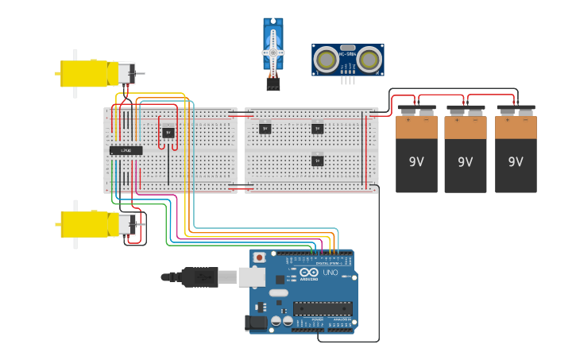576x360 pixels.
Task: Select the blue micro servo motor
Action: tap(273, 48)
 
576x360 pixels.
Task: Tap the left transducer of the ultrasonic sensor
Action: tap(327, 59)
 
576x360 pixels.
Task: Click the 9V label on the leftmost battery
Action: tap(416, 162)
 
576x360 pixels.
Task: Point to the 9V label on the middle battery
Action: tap(466, 162)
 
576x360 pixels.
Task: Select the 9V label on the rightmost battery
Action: tap(516, 162)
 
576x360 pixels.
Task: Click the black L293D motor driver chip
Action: tap(126, 150)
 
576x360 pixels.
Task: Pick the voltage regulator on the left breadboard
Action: tap(168, 133)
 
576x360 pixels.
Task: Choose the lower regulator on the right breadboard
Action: tap(317, 161)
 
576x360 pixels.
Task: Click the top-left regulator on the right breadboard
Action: tap(265, 128)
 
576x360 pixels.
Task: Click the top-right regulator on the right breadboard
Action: tap(317, 128)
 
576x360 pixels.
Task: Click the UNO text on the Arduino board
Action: tap(330, 273)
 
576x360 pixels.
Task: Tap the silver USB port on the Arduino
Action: tap(252, 276)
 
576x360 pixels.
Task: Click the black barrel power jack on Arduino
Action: tap(257, 322)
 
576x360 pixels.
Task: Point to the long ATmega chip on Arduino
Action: tap(322, 308)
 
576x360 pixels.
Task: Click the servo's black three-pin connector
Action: tap(273, 83)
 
